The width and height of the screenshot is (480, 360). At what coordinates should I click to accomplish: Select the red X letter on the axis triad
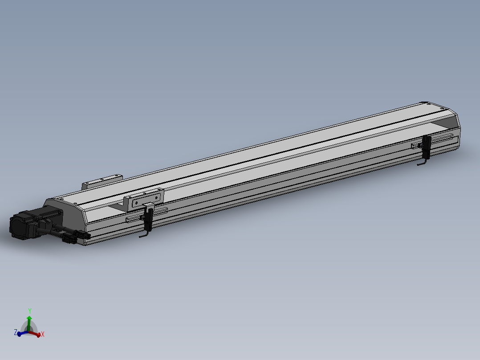click(43, 334)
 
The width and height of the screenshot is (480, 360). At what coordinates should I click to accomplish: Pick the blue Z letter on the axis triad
click(15, 332)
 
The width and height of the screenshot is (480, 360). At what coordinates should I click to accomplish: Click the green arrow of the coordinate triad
click(29, 322)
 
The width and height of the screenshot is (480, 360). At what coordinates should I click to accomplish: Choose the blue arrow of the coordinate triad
click(21, 333)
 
